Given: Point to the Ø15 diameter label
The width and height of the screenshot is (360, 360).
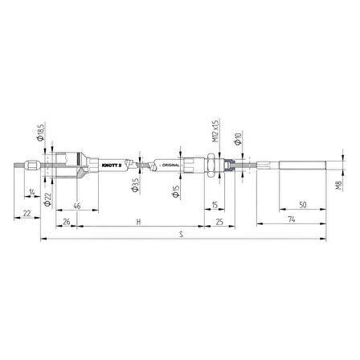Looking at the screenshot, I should (174, 191).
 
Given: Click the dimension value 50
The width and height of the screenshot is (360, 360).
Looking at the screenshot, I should (301, 205).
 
